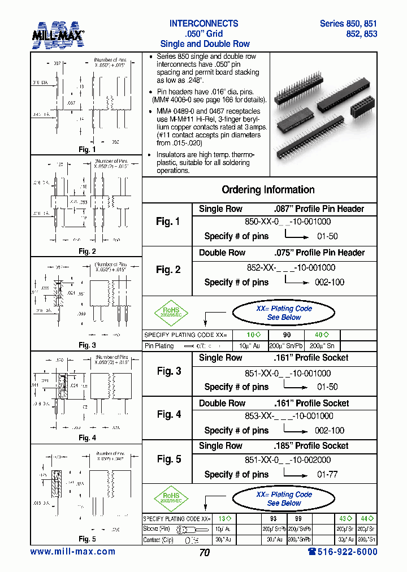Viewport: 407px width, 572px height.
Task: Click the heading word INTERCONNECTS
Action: (204, 24)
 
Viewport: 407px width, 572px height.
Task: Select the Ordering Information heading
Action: (268, 190)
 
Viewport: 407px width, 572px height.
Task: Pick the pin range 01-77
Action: (327, 474)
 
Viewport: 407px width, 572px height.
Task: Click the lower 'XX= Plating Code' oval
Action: (284, 499)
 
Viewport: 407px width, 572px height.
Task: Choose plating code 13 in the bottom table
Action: (224, 518)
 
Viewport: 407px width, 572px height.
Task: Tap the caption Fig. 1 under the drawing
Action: (87, 150)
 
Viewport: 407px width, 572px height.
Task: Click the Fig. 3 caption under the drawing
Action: (87, 345)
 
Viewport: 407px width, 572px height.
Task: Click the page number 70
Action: (204, 553)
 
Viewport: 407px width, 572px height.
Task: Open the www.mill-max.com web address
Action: (72, 552)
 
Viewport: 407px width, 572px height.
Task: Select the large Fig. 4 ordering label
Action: (168, 414)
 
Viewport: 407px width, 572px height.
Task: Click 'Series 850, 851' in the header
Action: (348, 24)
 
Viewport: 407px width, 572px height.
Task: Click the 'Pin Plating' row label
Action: (159, 345)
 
